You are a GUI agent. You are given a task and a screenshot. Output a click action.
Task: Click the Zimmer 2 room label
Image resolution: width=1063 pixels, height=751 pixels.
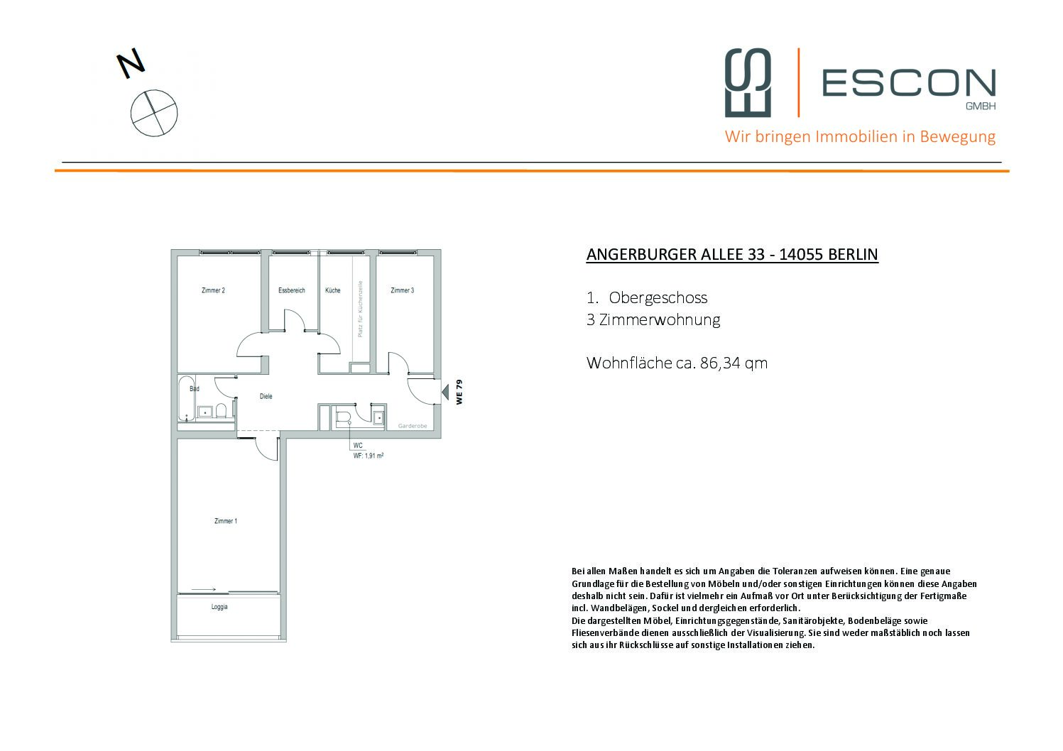point(213,290)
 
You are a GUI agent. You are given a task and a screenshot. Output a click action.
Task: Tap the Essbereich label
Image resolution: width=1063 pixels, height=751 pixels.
point(291,290)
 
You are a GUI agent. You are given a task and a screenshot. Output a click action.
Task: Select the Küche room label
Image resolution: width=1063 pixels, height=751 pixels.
point(332,290)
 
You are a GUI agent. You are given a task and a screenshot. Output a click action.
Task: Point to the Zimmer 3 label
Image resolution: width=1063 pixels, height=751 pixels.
point(402,290)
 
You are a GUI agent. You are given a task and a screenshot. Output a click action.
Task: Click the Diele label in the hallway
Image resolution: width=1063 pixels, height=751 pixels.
point(266,397)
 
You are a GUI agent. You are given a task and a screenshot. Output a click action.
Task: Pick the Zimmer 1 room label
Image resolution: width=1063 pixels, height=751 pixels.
point(225,521)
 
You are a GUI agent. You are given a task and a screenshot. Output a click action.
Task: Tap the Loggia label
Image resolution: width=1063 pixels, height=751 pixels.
point(219,607)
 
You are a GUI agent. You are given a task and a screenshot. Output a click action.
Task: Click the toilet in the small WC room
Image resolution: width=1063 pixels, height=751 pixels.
point(344,417)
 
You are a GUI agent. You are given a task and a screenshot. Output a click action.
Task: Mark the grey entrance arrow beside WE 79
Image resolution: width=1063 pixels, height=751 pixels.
point(445,391)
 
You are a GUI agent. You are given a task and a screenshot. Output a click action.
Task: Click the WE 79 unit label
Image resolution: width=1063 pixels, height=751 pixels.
point(459,392)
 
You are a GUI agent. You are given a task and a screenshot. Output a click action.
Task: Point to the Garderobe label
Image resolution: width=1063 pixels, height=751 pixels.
point(412,427)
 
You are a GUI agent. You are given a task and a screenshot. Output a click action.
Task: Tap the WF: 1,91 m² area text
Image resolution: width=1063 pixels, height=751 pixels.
point(368,456)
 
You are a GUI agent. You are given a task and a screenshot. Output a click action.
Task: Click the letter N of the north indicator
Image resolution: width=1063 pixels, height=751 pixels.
point(131,64)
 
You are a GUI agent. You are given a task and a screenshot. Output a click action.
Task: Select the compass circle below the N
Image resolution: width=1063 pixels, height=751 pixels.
point(154,113)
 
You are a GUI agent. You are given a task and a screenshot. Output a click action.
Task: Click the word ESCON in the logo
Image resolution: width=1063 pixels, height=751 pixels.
point(908,83)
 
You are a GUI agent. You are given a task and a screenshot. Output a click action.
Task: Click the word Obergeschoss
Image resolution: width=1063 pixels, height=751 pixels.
point(658,298)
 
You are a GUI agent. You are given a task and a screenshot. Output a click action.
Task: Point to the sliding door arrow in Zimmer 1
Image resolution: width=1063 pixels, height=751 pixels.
point(203,588)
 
